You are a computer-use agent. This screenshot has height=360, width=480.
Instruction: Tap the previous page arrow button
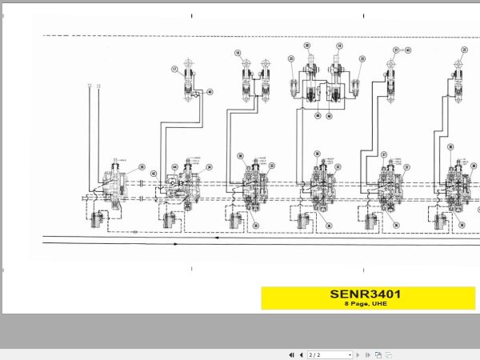[301, 354]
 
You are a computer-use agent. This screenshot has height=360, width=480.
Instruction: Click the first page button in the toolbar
[291, 354]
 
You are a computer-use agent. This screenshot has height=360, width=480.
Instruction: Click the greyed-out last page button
[367, 354]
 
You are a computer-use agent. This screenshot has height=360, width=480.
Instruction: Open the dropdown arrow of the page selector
[350, 354]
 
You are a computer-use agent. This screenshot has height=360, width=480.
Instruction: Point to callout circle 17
[173, 70]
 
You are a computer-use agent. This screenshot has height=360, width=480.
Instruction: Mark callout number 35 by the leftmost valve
[142, 167]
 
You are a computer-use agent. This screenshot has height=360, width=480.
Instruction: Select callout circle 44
[174, 167]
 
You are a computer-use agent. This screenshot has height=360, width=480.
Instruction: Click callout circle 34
[210, 167]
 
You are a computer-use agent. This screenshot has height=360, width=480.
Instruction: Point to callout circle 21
[395, 50]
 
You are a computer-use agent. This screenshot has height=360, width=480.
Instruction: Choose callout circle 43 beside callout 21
[407, 50]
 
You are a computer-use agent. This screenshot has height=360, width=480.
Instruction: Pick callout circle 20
[307, 46]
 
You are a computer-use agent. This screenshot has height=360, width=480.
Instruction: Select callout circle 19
[339, 46]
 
